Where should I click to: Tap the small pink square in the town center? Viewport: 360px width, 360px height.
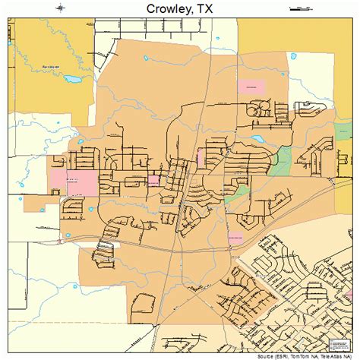[x=153, y=180]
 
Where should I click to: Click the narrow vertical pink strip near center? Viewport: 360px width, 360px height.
[x=200, y=156]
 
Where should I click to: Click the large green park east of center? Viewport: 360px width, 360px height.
[x=284, y=159]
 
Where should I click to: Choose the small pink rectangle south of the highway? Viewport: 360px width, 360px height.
[x=235, y=238]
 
